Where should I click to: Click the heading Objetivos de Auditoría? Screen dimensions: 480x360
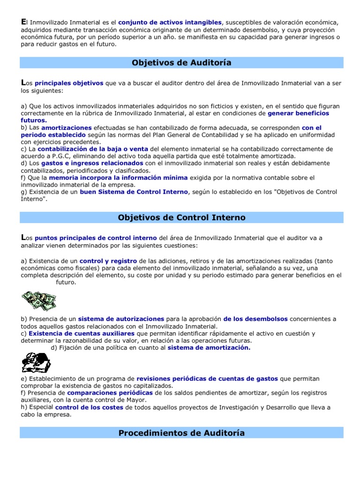pos(181,63)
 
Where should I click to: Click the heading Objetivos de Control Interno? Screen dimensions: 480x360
pos(181,217)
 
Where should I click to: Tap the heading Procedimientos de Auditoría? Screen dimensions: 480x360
pos(181,433)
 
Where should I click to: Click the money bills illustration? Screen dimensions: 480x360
pos(38,299)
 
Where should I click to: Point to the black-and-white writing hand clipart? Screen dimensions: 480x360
pos(37,362)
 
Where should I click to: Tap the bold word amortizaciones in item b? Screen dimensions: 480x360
pos(67,127)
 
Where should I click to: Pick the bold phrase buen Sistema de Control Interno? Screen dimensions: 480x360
pos(134,192)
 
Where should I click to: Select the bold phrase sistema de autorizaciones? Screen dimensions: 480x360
pos(121,319)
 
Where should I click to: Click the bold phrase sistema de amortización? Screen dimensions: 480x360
pos(209,347)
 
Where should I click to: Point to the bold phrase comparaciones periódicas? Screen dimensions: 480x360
pos(110,392)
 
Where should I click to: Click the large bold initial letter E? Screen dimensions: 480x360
pos(23,21)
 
